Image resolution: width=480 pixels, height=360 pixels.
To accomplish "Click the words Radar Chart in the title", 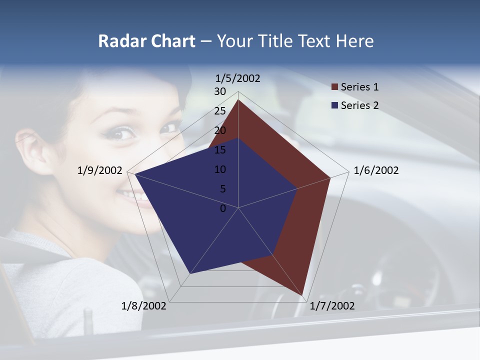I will click(146, 41).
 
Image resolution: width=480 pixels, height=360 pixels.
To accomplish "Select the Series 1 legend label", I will click(359, 87).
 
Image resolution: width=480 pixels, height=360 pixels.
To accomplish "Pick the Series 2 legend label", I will click(359, 105).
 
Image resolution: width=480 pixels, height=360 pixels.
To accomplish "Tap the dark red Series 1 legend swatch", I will click(334, 87).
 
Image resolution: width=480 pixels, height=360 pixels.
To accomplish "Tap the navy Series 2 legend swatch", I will click(334, 105).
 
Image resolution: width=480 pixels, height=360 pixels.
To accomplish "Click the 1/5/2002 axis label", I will click(238, 78).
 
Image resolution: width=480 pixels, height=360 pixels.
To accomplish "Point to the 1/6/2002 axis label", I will click(376, 170).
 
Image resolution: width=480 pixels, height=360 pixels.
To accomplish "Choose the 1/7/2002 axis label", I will click(332, 306).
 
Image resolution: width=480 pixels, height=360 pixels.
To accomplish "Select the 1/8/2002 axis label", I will click(144, 306).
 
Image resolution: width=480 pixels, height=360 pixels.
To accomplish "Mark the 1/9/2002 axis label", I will click(100, 170).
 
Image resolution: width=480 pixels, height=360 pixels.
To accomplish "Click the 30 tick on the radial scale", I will click(220, 91).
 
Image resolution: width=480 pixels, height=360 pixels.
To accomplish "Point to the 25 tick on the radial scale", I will click(220, 111).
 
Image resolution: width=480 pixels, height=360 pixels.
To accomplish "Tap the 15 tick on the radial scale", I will click(220, 150).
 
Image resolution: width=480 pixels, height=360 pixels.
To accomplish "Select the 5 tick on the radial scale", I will click(222, 189).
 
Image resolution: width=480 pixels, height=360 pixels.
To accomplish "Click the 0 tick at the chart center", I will click(223, 208).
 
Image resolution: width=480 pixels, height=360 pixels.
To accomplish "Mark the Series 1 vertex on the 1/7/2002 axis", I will click(303, 295).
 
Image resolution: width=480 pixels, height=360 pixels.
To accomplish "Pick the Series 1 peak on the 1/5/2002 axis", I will click(238, 99).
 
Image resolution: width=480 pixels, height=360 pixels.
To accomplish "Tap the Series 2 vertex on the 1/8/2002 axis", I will click(190, 274).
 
